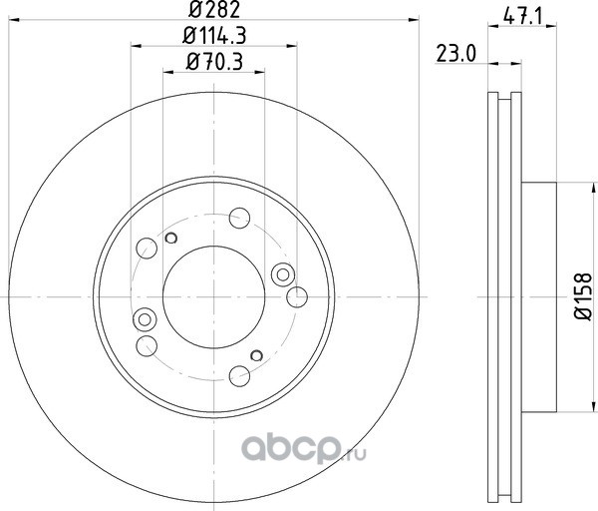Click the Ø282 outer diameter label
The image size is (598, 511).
(214, 9)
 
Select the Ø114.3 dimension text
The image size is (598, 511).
(214, 36)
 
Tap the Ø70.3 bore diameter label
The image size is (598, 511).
(214, 62)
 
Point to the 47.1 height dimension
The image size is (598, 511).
(522, 17)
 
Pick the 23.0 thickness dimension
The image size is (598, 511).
(456, 54)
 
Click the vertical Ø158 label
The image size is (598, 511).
(583, 296)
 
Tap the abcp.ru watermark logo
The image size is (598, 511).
(304, 450)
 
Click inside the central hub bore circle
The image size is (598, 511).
(213, 297)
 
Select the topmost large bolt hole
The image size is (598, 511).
(239, 218)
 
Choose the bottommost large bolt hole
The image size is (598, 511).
(239, 376)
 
